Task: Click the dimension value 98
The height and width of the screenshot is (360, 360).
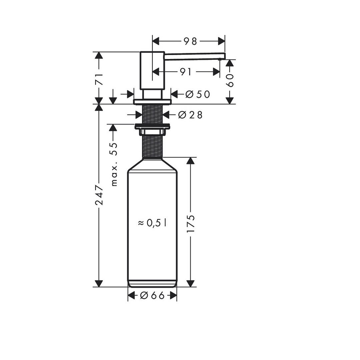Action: point(190,41)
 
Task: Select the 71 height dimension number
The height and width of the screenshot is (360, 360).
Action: point(99,79)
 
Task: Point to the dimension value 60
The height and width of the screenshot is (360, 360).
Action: point(230,80)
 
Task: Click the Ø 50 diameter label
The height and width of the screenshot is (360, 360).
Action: point(198,94)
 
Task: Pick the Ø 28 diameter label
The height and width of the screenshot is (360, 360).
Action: point(190,115)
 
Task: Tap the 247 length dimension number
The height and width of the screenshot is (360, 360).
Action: point(99,195)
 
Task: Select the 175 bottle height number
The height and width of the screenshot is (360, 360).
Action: point(191,224)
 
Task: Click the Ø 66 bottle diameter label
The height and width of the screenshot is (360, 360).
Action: point(152,295)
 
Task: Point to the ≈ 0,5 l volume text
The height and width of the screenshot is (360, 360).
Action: point(152,223)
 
